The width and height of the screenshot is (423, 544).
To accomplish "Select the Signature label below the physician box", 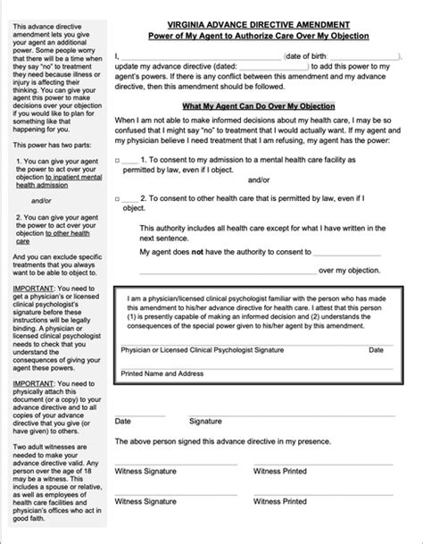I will click(x=205, y=420).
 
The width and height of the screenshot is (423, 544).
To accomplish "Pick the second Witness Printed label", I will click(x=282, y=503).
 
